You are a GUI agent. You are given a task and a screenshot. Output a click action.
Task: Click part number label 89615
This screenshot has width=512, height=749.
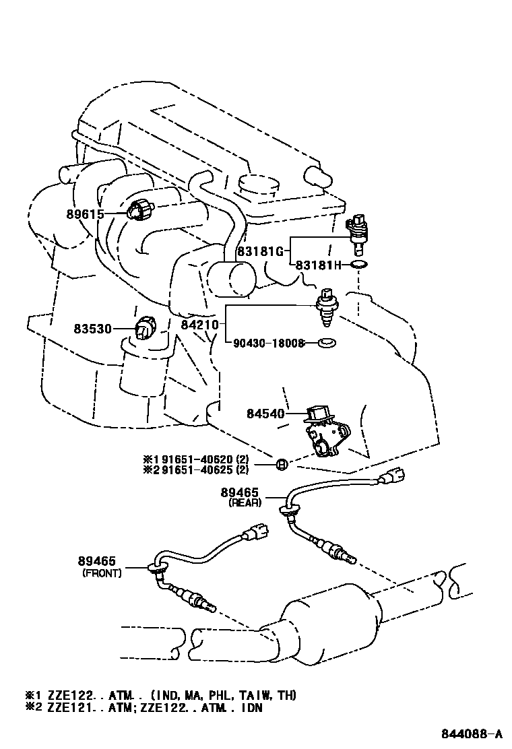(x=85, y=215)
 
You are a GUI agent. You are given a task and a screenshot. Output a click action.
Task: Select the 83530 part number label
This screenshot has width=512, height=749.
(x=92, y=329)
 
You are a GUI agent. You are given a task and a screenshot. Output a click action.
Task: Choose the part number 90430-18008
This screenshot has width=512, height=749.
(x=269, y=343)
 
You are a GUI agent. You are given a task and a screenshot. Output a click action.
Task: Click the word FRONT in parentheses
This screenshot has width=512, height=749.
(x=102, y=573)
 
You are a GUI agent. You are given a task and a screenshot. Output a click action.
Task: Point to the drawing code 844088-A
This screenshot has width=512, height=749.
(x=472, y=734)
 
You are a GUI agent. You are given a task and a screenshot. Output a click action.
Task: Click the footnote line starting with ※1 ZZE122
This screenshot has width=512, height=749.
(x=161, y=695)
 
